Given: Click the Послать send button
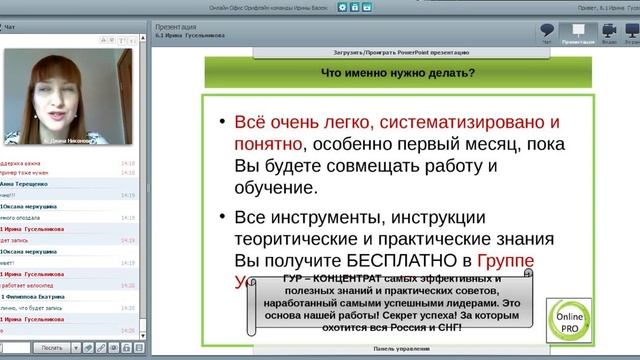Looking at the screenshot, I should tap(52, 347).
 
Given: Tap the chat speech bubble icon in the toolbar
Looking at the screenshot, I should tap(546, 31).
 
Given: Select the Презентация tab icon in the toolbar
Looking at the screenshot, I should tap(578, 31).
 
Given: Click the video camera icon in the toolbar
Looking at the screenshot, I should tap(609, 31).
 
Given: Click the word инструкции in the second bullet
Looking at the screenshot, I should tap(449, 216).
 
